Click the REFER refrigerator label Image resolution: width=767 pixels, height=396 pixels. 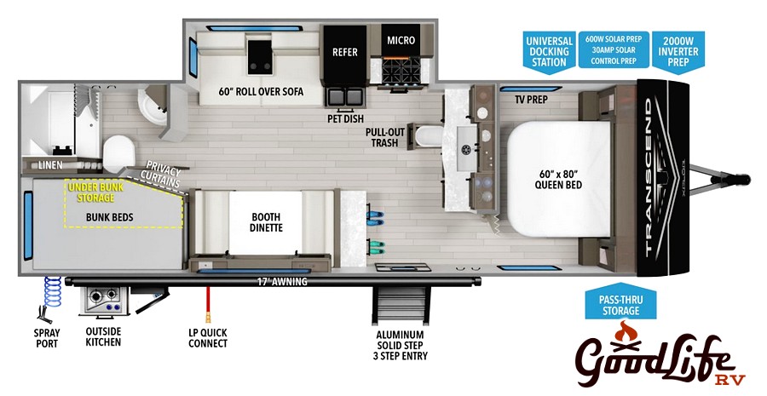(345, 52)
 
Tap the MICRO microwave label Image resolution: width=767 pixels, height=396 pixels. (401, 40)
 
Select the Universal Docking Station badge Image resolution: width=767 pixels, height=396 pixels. (550, 52)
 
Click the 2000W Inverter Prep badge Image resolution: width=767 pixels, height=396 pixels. (678, 52)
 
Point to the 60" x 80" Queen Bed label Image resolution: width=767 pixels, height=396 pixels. (558, 179)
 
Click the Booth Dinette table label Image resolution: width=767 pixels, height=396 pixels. (266, 222)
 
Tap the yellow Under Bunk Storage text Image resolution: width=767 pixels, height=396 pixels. (95, 192)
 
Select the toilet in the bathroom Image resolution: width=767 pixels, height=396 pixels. (118, 153)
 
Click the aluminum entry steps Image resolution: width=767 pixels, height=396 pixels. (401, 306)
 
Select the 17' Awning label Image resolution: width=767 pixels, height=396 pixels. (282, 282)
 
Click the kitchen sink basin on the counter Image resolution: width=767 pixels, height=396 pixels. (466, 147)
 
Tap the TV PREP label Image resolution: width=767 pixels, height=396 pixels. (531, 100)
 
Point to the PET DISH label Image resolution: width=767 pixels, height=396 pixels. (345, 119)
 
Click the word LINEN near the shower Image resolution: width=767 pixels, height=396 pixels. (50, 165)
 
